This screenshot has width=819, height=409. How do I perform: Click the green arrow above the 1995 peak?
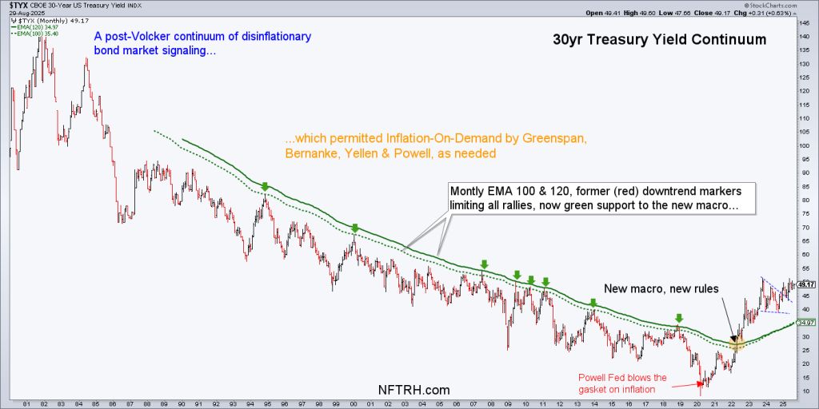click(265, 186)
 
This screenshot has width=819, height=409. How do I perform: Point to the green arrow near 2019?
click(679, 317)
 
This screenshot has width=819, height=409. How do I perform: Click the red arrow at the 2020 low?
click(701, 384)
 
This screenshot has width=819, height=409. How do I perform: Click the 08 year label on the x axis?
click(499, 403)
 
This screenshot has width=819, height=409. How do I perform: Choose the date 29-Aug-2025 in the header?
click(23, 13)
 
